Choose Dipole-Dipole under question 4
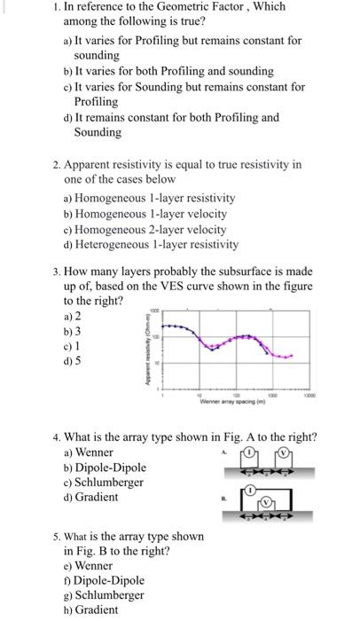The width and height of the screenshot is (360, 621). coord(111,468)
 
